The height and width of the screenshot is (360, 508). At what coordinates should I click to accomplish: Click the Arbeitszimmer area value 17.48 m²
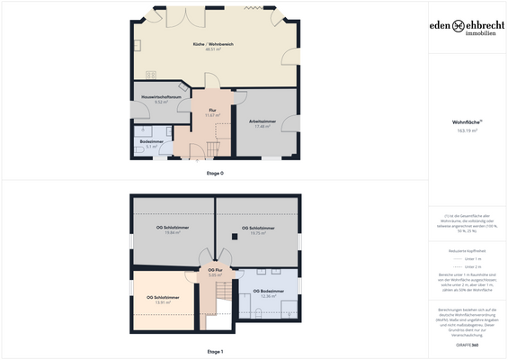262,126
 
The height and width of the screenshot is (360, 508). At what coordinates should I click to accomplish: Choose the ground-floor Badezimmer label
151,140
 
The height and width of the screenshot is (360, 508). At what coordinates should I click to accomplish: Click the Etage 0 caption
215,172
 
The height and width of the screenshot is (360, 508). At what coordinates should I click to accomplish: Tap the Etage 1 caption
215,351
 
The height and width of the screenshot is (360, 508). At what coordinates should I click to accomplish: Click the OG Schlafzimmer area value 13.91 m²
163,302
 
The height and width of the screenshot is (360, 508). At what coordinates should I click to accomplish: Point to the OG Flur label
215,269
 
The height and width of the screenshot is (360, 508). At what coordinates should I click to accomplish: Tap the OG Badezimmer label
269,291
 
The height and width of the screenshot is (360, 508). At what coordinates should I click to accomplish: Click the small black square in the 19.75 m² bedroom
235,238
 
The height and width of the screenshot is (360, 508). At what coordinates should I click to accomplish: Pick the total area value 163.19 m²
464,130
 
